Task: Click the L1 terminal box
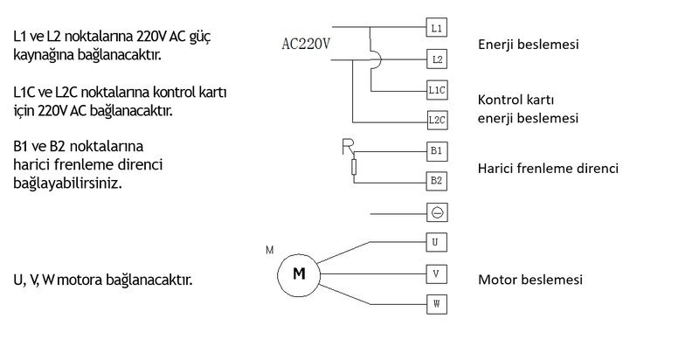(x=436, y=27)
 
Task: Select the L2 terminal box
(x=437, y=59)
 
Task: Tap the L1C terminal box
(x=437, y=90)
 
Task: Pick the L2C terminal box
(x=437, y=120)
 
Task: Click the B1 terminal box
(x=437, y=151)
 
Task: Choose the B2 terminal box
(x=437, y=181)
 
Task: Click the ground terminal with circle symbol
(x=437, y=212)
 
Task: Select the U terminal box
(x=436, y=242)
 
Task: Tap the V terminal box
(x=436, y=273)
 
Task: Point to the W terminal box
(x=436, y=304)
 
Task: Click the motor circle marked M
(x=299, y=275)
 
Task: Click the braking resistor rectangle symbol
(x=354, y=167)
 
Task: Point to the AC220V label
(x=306, y=44)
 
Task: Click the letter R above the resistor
(x=348, y=147)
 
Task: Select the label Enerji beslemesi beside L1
(x=529, y=45)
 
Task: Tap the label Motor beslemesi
(x=530, y=280)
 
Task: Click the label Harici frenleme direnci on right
(x=548, y=169)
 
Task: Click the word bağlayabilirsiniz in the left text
(x=67, y=183)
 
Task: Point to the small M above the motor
(x=270, y=250)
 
